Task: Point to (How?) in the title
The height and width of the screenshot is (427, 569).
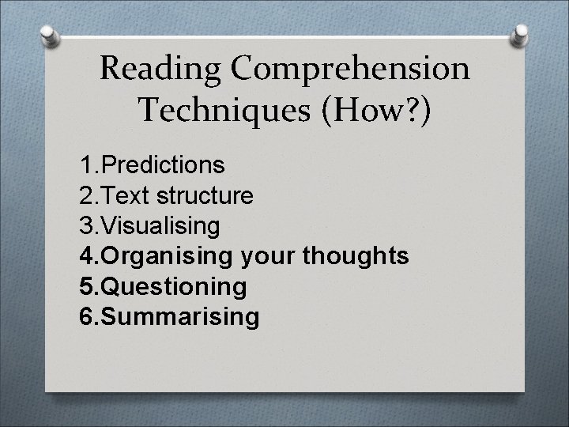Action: click(371, 110)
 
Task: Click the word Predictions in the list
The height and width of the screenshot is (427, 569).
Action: click(164, 165)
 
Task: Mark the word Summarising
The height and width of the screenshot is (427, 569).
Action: click(180, 317)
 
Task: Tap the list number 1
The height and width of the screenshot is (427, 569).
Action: click(86, 165)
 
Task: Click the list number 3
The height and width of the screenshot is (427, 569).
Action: click(86, 226)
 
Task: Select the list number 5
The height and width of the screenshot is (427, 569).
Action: click(86, 286)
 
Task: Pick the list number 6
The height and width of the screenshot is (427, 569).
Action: click(86, 317)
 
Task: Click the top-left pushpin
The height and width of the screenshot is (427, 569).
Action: click(47, 35)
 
